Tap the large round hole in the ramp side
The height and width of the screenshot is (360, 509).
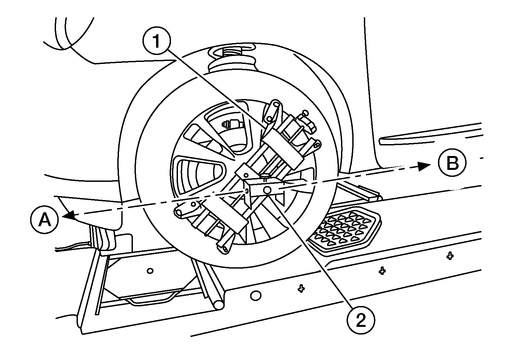[x=255, y=295]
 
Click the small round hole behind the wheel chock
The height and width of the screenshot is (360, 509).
[x=150, y=271]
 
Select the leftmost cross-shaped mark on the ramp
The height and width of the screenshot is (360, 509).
[x=301, y=289]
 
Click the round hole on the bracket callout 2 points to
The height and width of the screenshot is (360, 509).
[x=267, y=190]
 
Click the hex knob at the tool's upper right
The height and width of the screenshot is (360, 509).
[x=304, y=121]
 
